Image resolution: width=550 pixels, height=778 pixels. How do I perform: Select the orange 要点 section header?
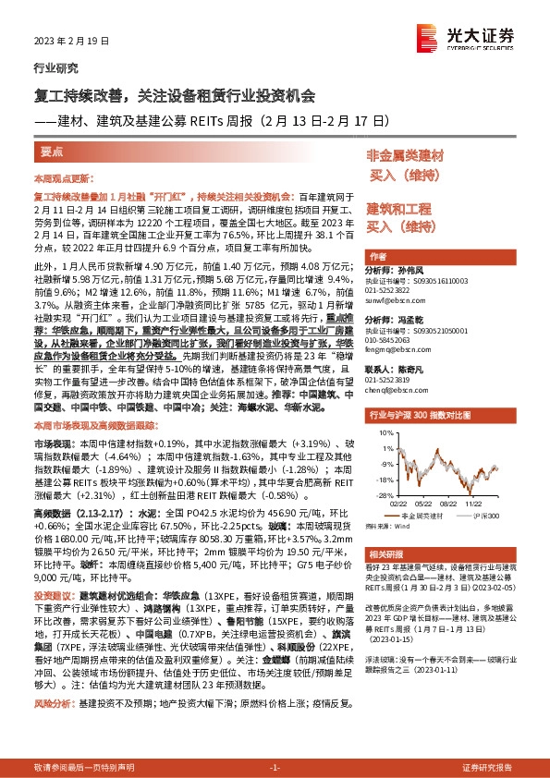click(52, 152)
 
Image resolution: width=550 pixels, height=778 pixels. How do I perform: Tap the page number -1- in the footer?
click(274, 768)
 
